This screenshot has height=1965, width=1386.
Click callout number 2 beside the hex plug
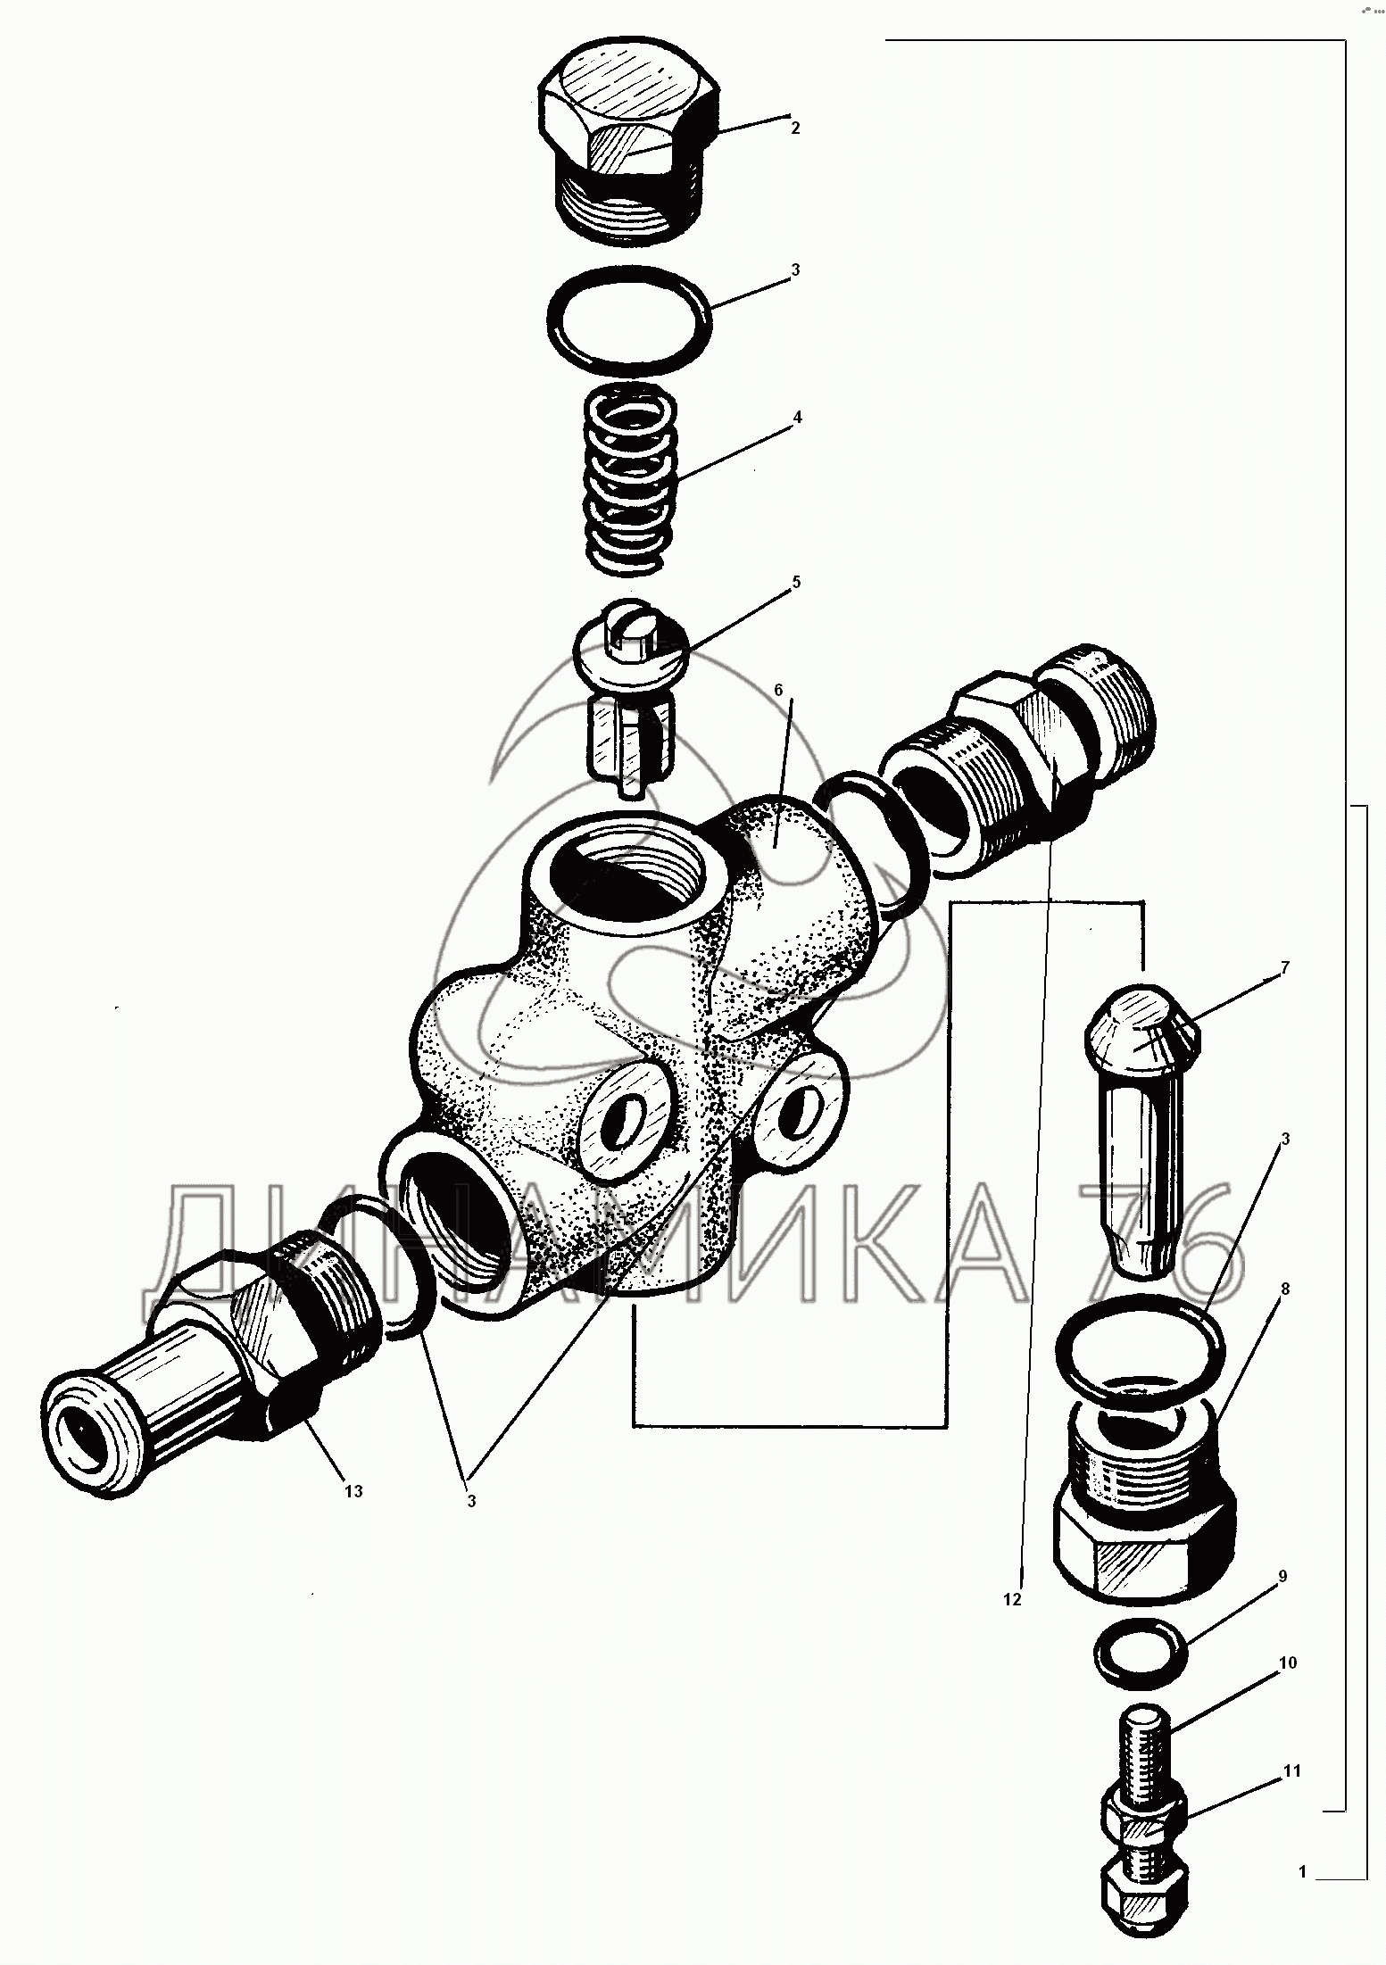coord(794,128)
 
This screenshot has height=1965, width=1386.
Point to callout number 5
coord(796,582)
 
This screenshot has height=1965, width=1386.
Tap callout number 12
coord(1011,1600)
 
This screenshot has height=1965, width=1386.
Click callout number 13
coord(353,1491)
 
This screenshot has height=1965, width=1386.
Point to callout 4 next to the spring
coord(797,417)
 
